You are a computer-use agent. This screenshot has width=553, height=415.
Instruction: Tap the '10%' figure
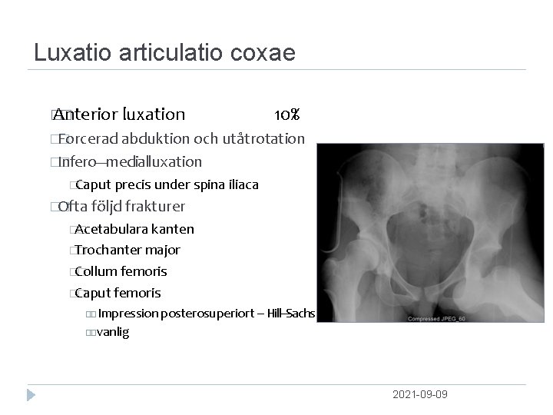click(286, 115)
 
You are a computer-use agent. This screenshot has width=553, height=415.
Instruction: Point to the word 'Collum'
click(94, 271)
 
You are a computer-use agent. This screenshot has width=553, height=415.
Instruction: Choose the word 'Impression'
click(127, 314)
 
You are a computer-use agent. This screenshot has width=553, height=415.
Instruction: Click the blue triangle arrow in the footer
click(31, 395)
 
